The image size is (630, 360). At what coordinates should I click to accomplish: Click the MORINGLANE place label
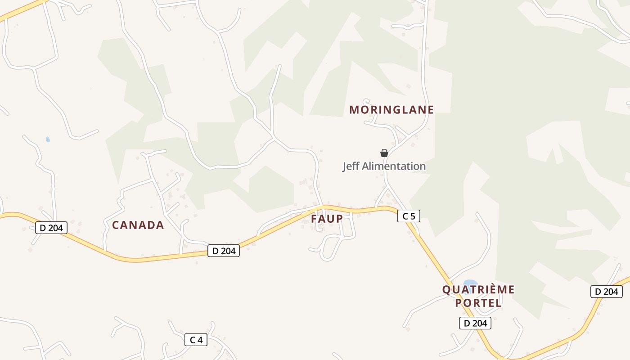(391, 110)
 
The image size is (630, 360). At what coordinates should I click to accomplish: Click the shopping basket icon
(384, 153)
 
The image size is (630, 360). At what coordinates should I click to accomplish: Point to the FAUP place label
(327, 219)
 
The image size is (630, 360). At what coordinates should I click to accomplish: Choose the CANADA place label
(138, 225)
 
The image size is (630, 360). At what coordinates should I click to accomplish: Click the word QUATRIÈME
(478, 289)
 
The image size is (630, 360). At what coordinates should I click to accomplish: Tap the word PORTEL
(478, 303)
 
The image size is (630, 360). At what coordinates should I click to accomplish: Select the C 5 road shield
(409, 216)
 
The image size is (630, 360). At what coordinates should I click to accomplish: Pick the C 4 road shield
(196, 340)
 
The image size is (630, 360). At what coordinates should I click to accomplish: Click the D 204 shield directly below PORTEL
(475, 323)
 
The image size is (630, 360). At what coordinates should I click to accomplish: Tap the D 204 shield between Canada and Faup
(224, 251)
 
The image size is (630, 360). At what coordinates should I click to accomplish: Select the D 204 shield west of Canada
(51, 228)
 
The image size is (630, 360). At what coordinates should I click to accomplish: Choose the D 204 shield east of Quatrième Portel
(606, 292)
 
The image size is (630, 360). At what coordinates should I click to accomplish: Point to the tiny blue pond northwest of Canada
(48, 139)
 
